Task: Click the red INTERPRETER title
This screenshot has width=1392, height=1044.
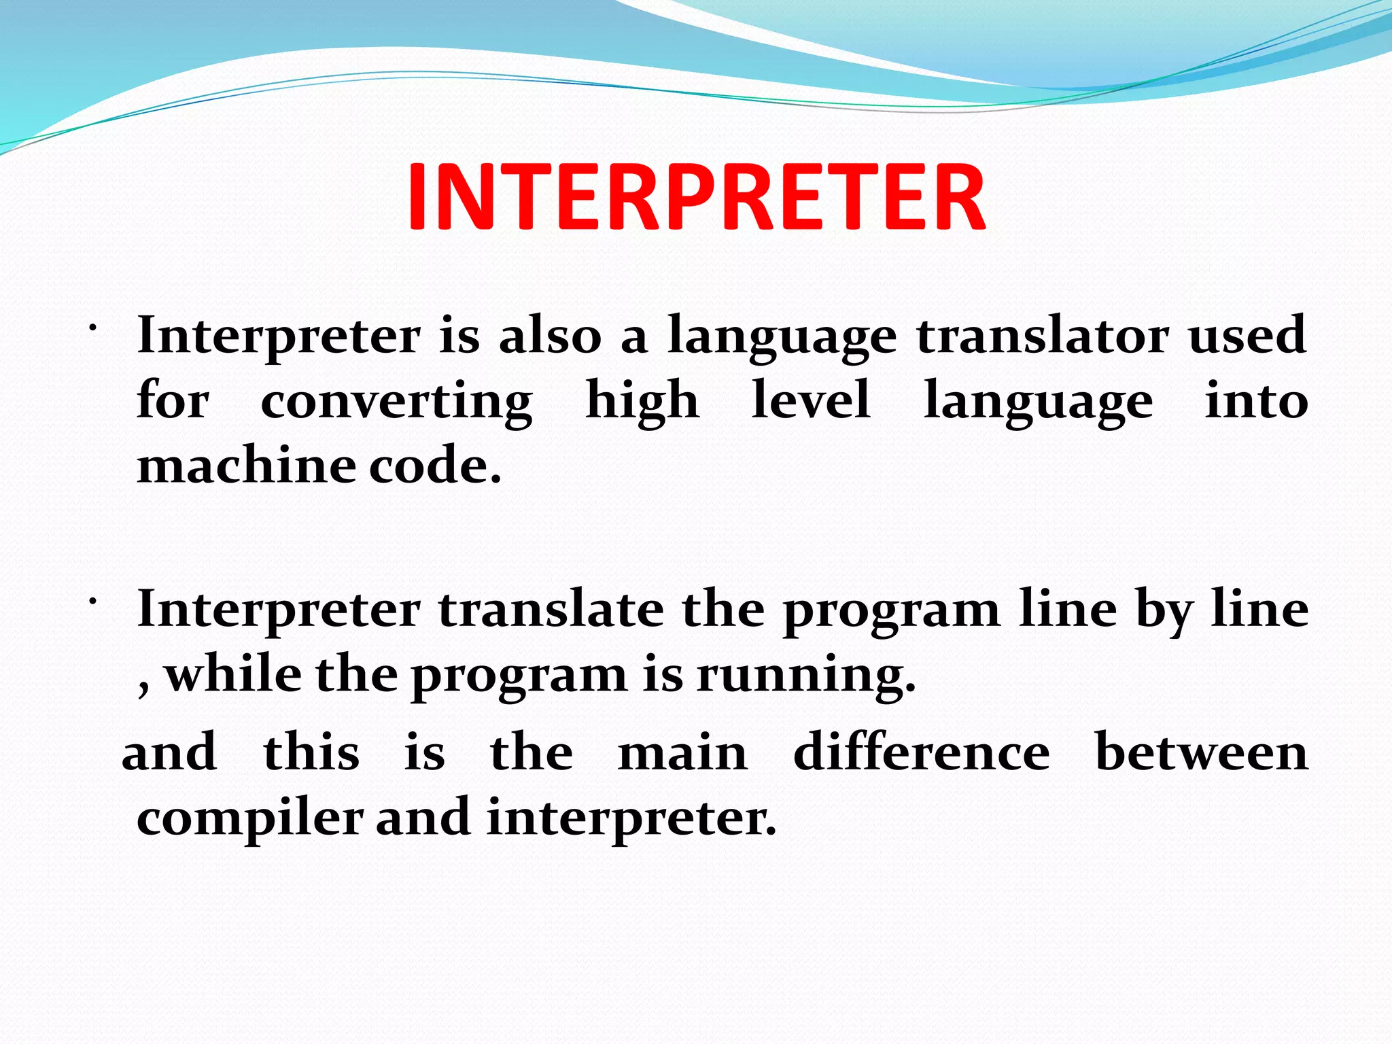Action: (696, 197)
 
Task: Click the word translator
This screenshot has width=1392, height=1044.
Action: (1043, 336)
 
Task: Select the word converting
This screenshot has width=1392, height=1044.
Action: (396, 401)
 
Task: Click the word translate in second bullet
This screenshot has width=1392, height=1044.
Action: (551, 609)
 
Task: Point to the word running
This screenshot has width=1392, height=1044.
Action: (806, 677)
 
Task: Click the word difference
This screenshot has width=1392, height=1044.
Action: (922, 753)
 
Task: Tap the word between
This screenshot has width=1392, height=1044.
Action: (1202, 753)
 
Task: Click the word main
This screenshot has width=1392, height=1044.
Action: (682, 753)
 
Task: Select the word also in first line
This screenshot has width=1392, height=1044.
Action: (551, 336)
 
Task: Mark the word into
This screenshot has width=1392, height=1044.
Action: (1256, 401)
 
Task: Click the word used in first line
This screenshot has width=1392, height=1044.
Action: (1247, 336)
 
